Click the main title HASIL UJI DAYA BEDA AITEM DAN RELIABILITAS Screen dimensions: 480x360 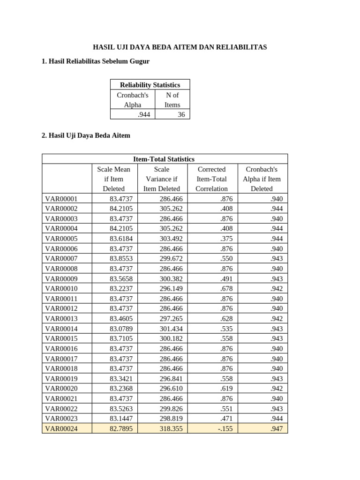(180, 47)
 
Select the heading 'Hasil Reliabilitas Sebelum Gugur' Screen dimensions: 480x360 (96, 62)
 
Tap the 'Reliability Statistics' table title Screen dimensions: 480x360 (150, 85)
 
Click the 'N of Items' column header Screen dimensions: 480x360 (172, 100)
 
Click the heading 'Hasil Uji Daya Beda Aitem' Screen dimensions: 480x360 (86, 135)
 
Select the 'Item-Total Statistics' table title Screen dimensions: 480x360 (165, 159)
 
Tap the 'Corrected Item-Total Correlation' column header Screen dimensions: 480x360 (211, 179)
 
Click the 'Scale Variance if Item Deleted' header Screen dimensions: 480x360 (161, 179)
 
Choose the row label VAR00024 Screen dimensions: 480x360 (61, 428)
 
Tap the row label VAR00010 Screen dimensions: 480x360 (61, 289)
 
